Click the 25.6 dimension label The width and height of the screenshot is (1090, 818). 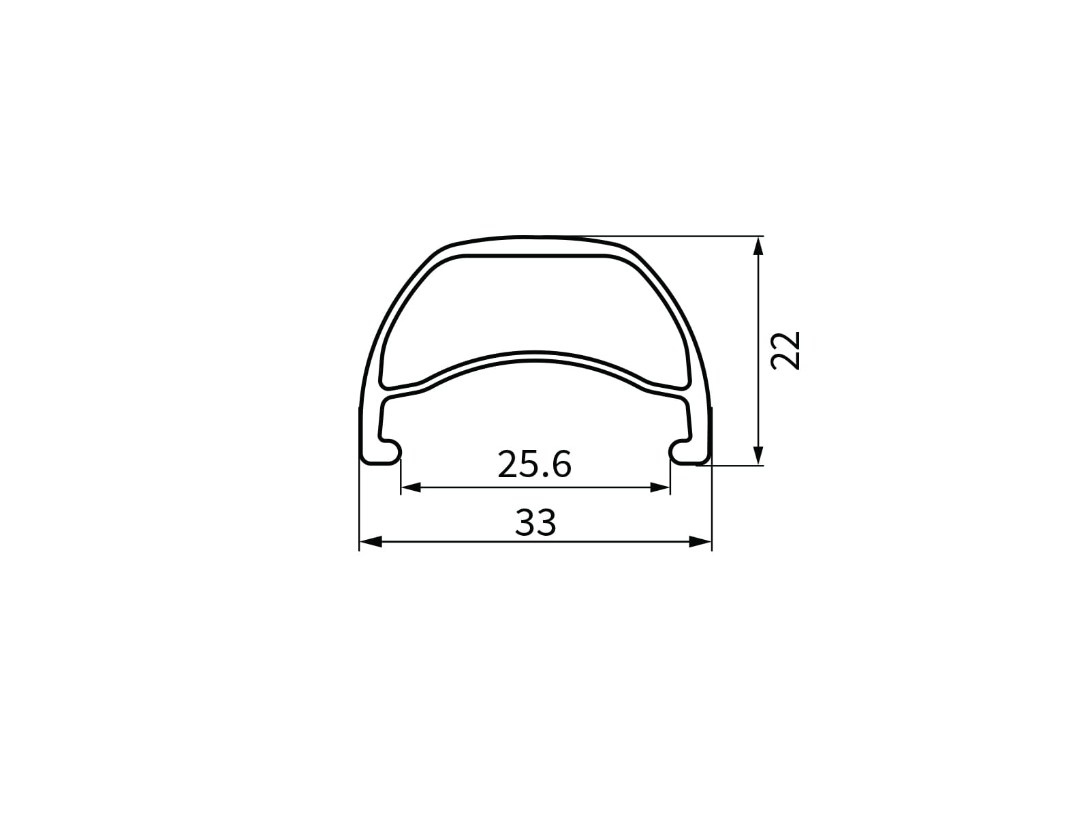point(534,465)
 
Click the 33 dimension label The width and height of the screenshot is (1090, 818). point(535,523)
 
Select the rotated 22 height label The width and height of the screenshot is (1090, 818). point(785,350)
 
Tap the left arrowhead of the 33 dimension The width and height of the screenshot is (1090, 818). point(369,542)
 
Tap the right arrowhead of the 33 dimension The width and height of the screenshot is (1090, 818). point(701,542)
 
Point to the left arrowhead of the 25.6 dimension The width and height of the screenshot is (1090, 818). point(410,487)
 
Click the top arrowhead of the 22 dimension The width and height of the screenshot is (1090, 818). point(759,246)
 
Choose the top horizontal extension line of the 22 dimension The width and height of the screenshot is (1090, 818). point(681,237)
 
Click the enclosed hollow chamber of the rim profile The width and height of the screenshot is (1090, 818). point(535,307)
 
